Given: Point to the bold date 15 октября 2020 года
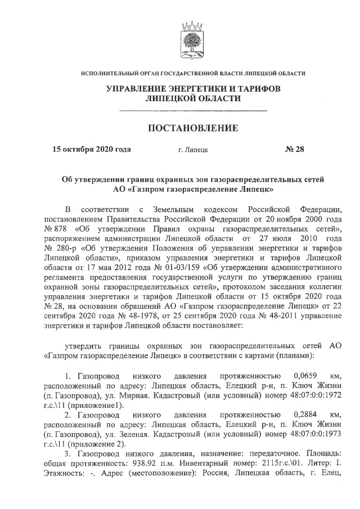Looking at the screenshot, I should click(x=92, y=150).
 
